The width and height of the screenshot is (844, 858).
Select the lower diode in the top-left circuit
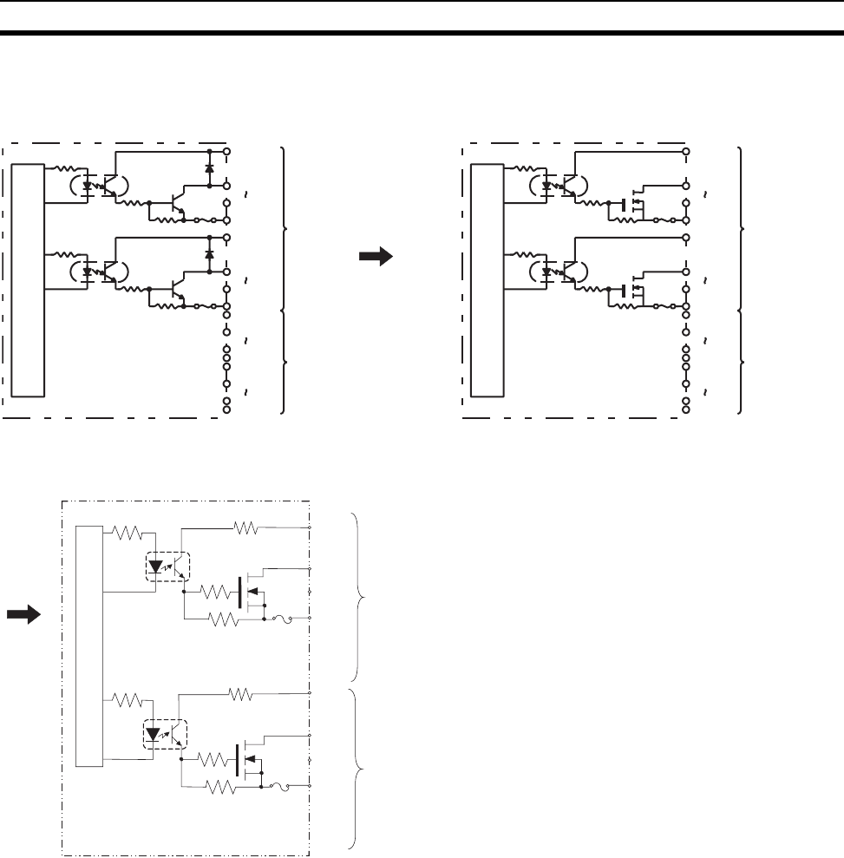click(x=209, y=254)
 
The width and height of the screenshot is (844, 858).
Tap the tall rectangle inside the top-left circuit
click(x=29, y=278)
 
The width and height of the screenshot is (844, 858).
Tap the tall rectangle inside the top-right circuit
click(x=486, y=278)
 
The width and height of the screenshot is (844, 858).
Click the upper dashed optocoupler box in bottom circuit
click(x=166, y=568)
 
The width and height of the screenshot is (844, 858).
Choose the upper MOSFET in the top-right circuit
click(x=634, y=203)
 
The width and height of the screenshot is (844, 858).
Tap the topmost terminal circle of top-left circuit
click(x=226, y=151)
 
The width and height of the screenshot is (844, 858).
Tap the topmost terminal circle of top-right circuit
click(x=686, y=151)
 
